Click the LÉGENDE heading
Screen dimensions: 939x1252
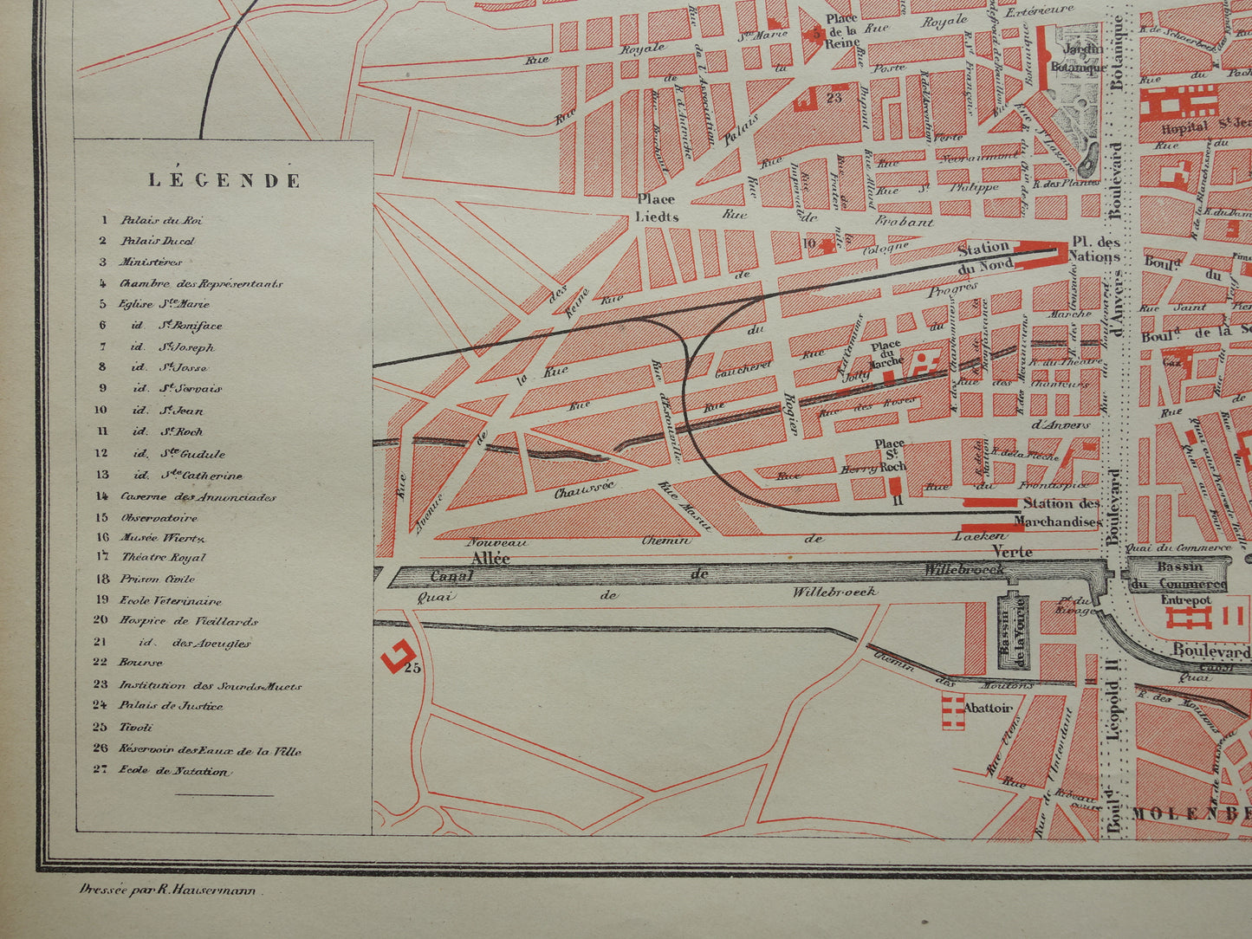(x=224, y=180)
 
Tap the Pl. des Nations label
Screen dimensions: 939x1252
(x=1096, y=249)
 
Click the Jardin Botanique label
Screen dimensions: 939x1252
(x=1077, y=58)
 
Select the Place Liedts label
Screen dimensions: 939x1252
(x=658, y=208)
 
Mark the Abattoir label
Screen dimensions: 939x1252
(x=988, y=708)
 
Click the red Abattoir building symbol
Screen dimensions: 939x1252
(x=952, y=710)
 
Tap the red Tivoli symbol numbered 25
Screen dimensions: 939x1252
(x=399, y=656)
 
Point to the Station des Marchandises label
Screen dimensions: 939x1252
(x=1061, y=512)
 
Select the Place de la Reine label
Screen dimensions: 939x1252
(x=841, y=30)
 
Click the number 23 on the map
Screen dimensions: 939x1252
(x=834, y=98)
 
